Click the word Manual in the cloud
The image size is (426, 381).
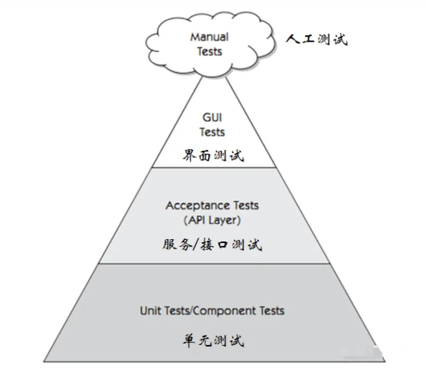pos(209,37)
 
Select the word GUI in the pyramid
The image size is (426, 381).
pos(212,118)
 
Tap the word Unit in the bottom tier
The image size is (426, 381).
pos(150,310)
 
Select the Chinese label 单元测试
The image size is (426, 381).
pos(213,341)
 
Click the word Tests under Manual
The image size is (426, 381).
pos(209,51)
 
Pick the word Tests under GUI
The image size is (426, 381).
pos(212,132)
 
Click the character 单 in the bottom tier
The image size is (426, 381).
pos(189,341)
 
